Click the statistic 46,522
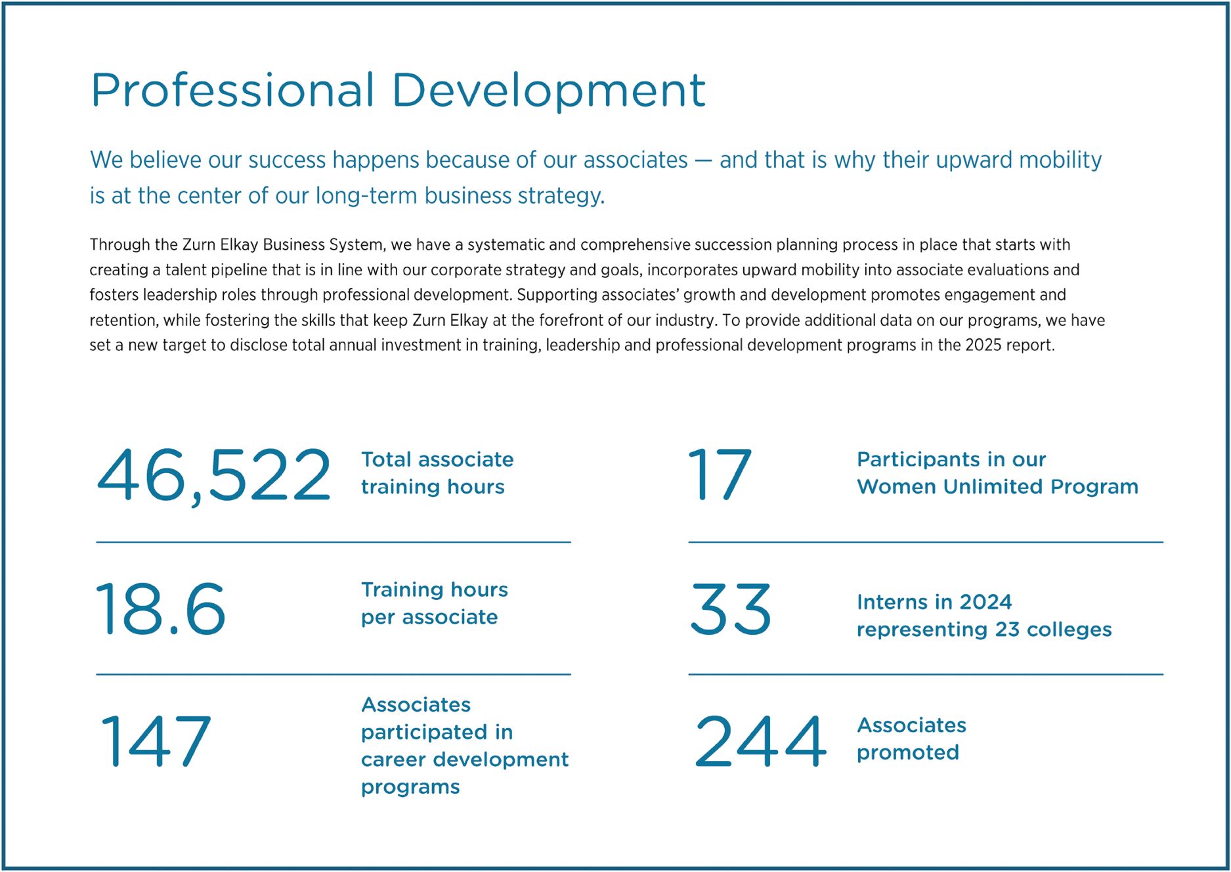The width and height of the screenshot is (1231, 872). [213, 474]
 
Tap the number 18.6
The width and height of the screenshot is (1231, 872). [161, 609]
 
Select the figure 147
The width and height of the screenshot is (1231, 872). [156, 741]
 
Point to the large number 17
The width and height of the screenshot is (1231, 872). [719, 474]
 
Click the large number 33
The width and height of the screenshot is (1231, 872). [730, 609]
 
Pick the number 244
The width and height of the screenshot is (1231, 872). [760, 741]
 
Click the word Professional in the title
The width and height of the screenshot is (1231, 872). [233, 90]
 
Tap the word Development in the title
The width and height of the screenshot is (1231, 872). [548, 90]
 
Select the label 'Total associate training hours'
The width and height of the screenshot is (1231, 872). [437, 473]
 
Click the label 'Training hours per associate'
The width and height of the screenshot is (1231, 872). [434, 603]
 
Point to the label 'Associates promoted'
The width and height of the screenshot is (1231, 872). [911, 739]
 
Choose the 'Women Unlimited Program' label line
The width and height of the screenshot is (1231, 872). [997, 487]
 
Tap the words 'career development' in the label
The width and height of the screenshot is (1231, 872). [465, 760]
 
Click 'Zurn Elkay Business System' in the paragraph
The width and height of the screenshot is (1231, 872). [283, 245]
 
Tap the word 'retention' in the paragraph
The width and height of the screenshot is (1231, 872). [123, 321]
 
